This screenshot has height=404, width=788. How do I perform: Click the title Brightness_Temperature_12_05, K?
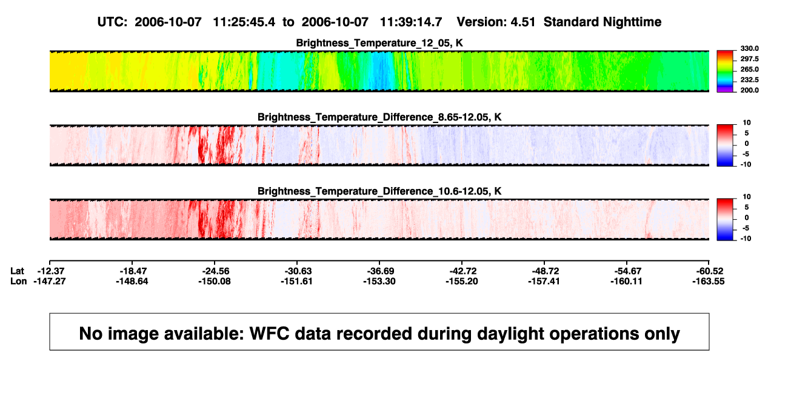point(379,43)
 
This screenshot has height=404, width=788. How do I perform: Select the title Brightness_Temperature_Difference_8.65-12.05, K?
point(379,117)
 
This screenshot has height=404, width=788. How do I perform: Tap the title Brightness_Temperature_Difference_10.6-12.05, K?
point(379,191)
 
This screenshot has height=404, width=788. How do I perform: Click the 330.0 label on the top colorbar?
point(749,48)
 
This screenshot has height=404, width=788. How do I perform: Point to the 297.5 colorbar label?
point(749,59)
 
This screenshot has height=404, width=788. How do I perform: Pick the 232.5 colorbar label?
point(749,80)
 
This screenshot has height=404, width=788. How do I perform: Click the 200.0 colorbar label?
point(749,90)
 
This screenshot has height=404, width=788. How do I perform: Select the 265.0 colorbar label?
point(749,69)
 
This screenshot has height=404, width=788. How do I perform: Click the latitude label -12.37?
point(50,271)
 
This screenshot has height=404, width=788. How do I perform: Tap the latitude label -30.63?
point(297,271)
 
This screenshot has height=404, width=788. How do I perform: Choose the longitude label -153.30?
point(379,281)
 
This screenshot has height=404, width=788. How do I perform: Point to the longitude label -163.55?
point(709,281)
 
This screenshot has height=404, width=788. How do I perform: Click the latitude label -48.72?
point(544,271)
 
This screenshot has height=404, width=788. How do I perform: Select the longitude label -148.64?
point(132,281)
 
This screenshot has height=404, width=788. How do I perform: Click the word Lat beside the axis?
point(17,271)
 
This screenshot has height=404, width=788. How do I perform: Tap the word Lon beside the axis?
point(19,281)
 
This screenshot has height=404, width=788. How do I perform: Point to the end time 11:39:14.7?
point(411,22)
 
